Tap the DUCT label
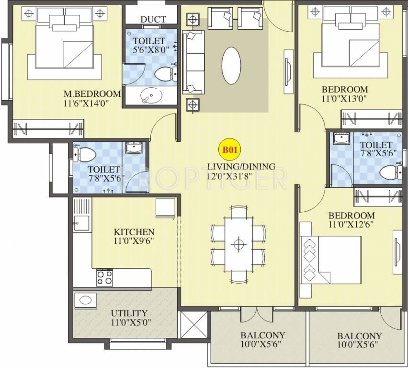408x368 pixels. click(x=153, y=19)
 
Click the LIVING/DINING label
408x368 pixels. click(x=241, y=167)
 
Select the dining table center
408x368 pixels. click(x=238, y=244)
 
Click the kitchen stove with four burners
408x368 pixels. click(x=104, y=276)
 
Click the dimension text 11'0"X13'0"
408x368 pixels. click(x=345, y=99)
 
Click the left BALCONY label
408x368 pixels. click(x=262, y=335)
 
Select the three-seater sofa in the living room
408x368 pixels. click(x=194, y=62)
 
